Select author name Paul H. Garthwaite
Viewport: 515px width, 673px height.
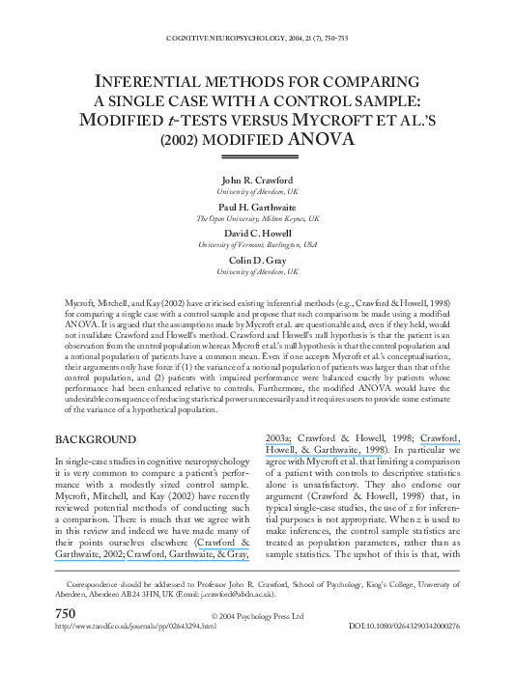tap(257, 207)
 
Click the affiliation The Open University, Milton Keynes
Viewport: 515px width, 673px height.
tap(257, 218)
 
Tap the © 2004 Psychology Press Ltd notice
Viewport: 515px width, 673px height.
tap(257, 615)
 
